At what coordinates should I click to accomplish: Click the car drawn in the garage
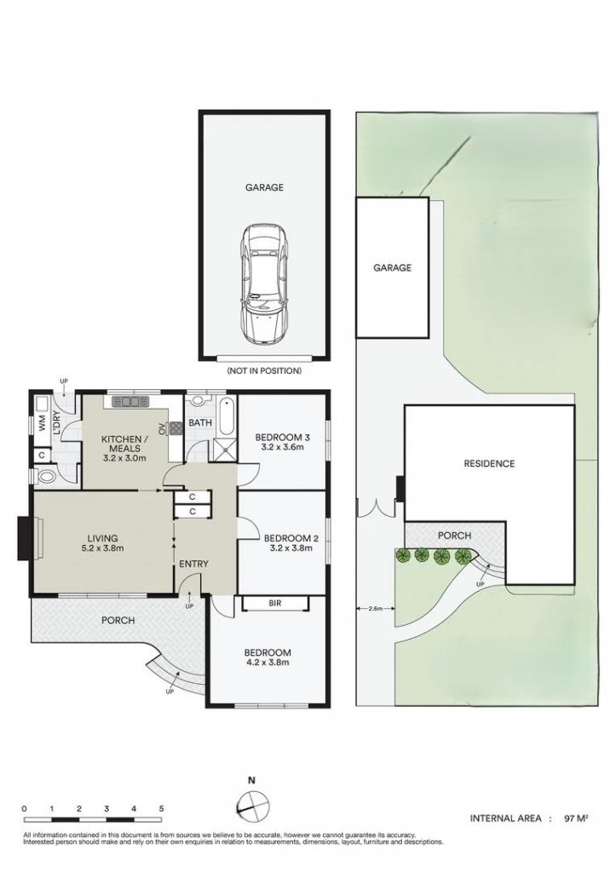[265, 284]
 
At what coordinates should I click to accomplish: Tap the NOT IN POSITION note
[264, 370]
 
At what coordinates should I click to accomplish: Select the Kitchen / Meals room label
[121, 444]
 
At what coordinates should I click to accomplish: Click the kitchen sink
[129, 401]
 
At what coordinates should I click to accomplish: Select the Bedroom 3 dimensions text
[280, 447]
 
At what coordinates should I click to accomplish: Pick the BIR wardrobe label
[275, 603]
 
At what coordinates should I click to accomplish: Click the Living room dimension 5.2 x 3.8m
[102, 548]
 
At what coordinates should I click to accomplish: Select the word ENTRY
[193, 564]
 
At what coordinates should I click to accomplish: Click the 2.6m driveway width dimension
[376, 608]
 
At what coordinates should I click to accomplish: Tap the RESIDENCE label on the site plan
[489, 463]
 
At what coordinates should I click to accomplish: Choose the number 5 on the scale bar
[161, 809]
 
